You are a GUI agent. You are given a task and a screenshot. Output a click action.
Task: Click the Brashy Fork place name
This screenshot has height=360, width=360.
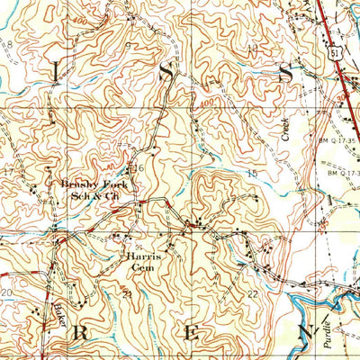pyautogui.click(x=94, y=184)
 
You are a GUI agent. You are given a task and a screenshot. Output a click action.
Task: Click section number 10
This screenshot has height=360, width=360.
pyautogui.click(x=253, y=49)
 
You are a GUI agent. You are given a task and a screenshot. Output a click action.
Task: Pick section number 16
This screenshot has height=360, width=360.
pyautogui.click(x=139, y=168)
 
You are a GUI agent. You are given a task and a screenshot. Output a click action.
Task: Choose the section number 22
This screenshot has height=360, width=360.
pyautogui.click(x=253, y=294)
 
